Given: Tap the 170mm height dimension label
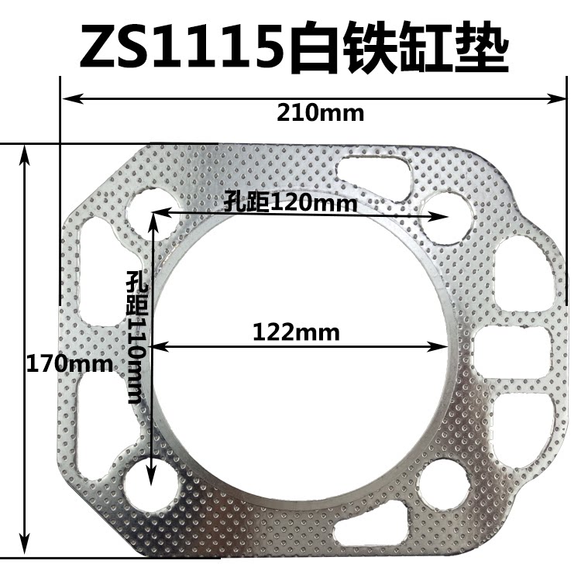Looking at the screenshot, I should click(x=69, y=362).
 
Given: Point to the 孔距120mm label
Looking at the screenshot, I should click(x=290, y=204).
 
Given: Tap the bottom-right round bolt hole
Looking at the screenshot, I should click(x=444, y=484).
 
